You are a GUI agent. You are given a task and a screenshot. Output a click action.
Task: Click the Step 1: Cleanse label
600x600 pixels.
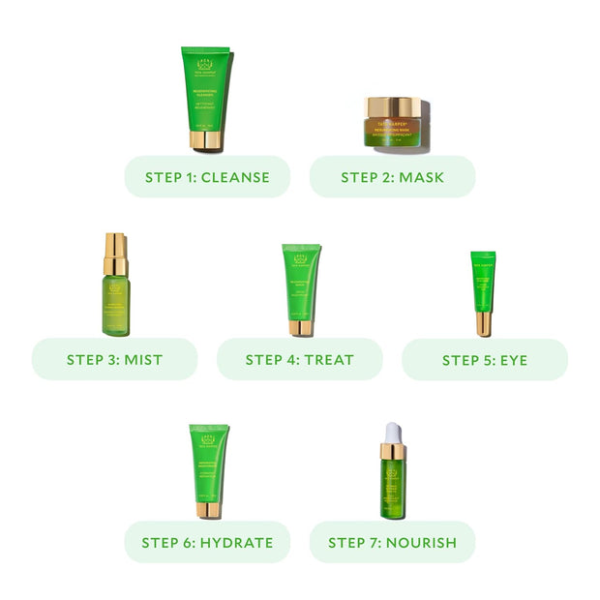pos(207,177)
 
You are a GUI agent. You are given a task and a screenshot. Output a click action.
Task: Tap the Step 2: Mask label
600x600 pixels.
pos(392,177)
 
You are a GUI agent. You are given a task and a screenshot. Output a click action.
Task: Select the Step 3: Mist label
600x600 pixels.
pos(114,359)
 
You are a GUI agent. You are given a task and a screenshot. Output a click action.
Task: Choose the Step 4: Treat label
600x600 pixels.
pos(299,359)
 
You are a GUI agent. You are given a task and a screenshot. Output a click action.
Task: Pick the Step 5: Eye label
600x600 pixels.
pos(484,359)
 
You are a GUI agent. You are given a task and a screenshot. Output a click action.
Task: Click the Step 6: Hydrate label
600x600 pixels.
pos(207,542)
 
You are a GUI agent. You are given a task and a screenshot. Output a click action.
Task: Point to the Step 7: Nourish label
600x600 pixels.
pos(392,542)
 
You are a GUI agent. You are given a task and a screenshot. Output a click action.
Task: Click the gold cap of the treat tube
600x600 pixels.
pos(301,327)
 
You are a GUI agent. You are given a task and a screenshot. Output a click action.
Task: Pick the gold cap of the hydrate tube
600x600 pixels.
pos(208,509)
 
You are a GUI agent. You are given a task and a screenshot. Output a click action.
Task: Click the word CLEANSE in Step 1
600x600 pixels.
pos(234,177)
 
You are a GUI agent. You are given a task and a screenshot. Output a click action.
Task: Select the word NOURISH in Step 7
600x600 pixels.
pos(420,542)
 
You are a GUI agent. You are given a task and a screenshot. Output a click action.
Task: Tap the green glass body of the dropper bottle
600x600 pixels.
pos(392,489)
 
